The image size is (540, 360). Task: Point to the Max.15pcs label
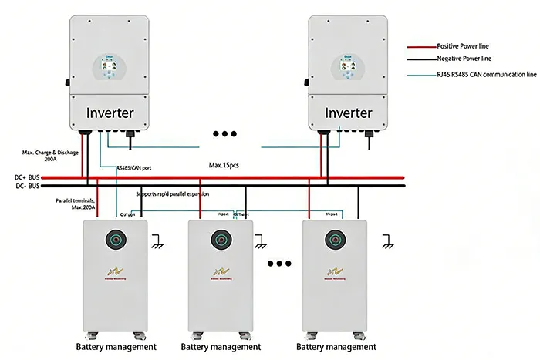tap(225, 164)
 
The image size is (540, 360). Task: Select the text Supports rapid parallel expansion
tap(173, 194)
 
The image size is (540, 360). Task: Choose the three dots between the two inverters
tap(224, 134)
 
